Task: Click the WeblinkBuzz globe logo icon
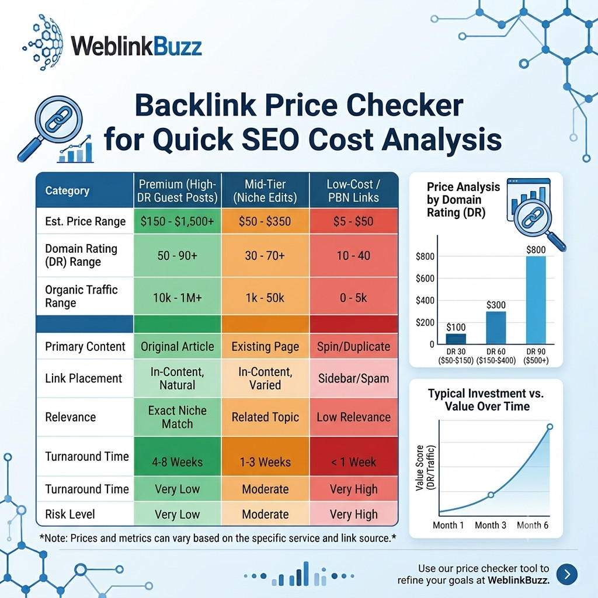43,43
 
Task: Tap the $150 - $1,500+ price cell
178,221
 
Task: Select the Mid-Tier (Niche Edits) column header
265,191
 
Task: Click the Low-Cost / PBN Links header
353,191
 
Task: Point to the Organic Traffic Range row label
81,296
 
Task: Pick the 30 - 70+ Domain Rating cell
265,256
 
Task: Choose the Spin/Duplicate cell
353,346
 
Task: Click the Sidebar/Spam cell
353,378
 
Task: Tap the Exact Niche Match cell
178,417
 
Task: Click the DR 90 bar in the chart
536,300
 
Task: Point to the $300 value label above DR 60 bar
496,305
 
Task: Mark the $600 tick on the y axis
425,279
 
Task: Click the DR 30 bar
456,339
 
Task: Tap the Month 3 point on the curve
491,495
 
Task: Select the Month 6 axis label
533,525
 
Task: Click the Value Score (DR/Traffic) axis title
425,467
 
